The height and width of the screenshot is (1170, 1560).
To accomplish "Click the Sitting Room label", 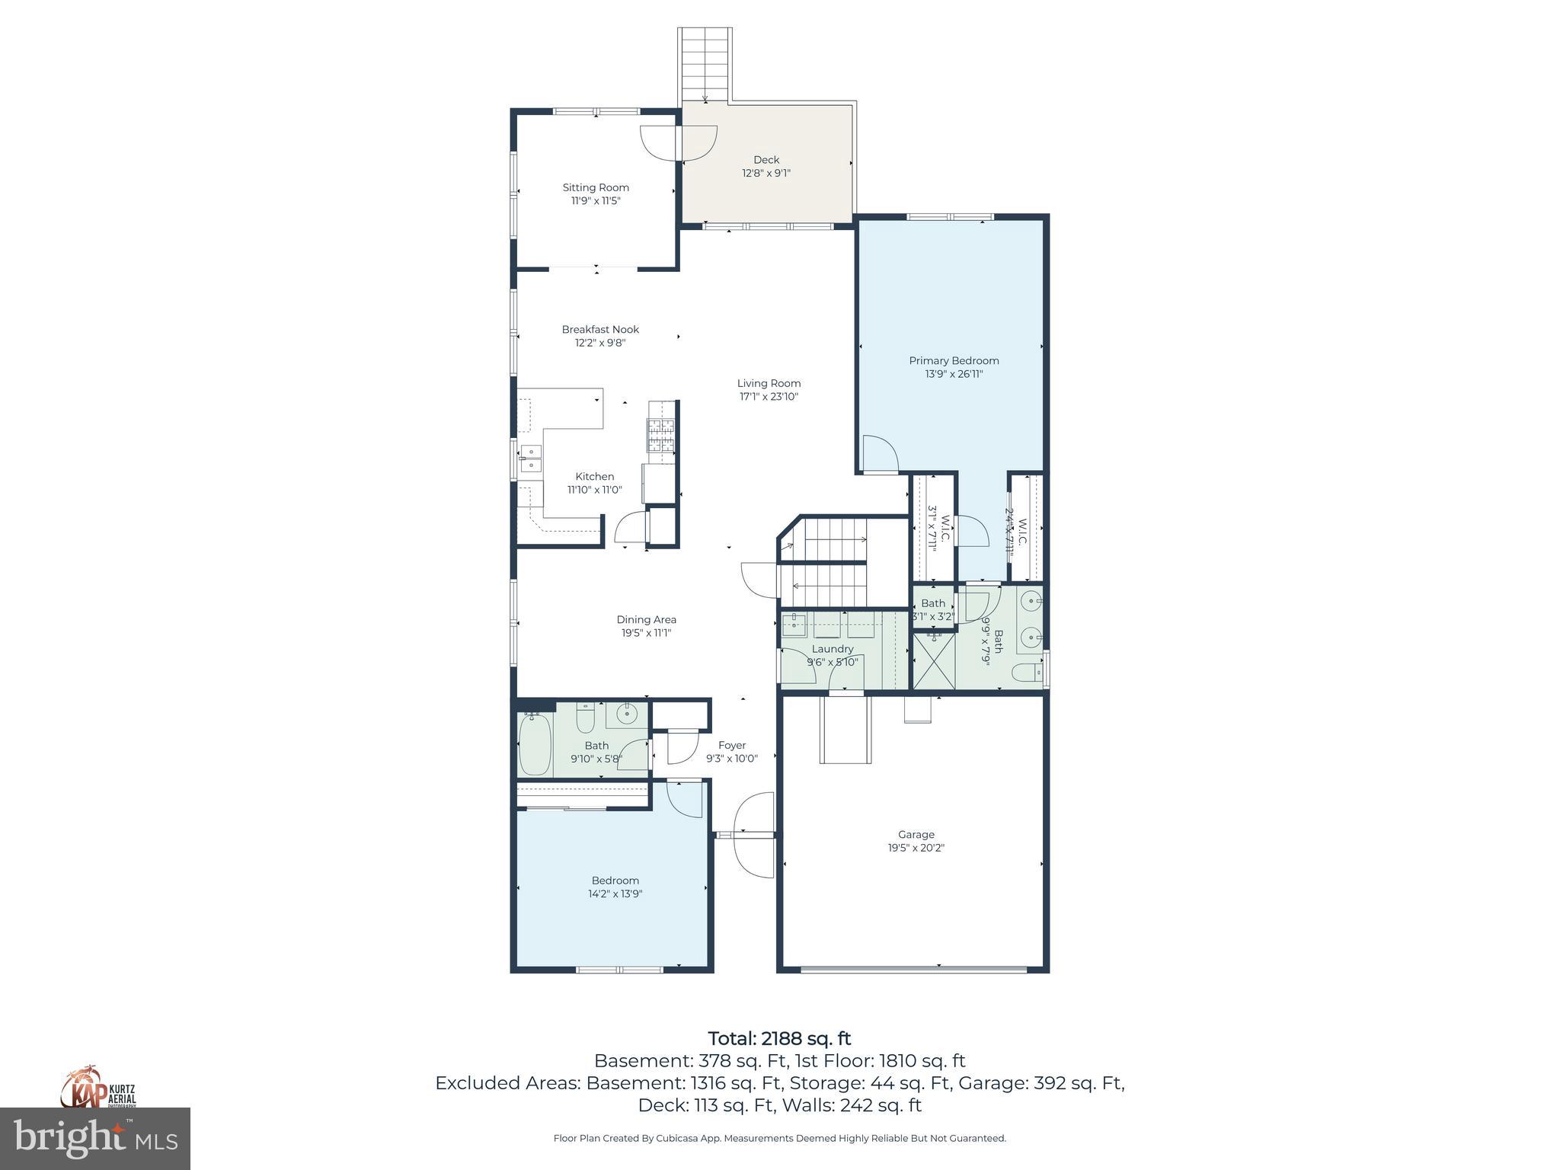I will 596,187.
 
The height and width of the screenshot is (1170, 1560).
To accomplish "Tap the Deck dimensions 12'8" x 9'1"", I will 766,173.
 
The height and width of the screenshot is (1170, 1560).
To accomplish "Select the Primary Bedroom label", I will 954,360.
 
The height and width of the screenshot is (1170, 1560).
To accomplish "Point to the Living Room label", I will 769,383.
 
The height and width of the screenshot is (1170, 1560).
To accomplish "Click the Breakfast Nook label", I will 600,329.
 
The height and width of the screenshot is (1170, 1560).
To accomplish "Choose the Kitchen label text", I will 594,476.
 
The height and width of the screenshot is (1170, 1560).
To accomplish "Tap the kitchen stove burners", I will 661,435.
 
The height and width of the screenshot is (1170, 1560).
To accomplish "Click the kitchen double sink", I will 530,459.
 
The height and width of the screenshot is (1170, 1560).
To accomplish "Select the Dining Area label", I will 646,619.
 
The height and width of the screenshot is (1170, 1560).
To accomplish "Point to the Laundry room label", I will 833,649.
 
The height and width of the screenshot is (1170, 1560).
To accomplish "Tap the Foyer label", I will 731,745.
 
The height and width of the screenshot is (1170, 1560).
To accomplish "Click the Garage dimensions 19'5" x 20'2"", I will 916,848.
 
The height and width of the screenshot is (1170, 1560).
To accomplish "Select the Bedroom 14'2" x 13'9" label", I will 615,881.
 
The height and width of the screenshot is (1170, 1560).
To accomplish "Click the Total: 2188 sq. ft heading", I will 779,1038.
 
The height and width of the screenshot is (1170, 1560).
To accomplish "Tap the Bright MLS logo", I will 95,1138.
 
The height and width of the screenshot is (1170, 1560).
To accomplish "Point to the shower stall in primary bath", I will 932,660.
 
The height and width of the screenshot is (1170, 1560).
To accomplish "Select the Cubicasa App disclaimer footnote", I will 779,1138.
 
